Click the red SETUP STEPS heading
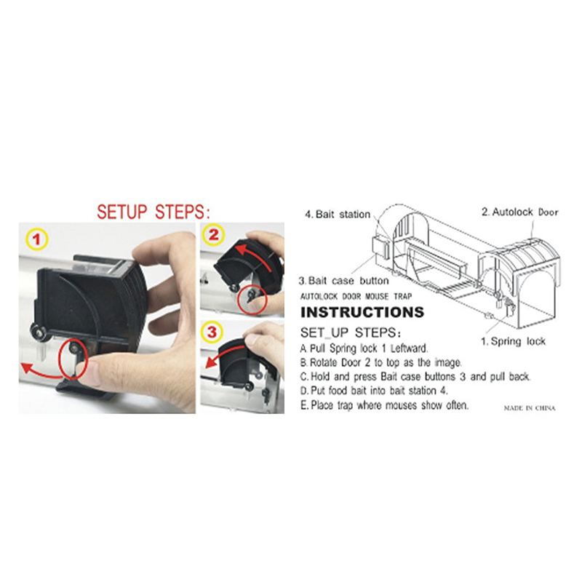[x=154, y=212]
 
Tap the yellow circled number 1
[x=37, y=240]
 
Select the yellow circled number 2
[x=213, y=235]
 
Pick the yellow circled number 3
[x=212, y=332]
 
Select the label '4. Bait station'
[x=338, y=214]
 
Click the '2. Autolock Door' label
[x=520, y=212]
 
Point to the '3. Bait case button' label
[x=343, y=281]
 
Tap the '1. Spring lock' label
[x=514, y=341]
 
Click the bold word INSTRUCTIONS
[x=362, y=312]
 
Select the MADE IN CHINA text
[x=530, y=408]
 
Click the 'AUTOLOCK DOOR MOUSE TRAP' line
[x=356, y=296]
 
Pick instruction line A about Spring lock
[x=364, y=348]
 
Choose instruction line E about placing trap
[x=385, y=405]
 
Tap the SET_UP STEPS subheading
[x=351, y=332]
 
